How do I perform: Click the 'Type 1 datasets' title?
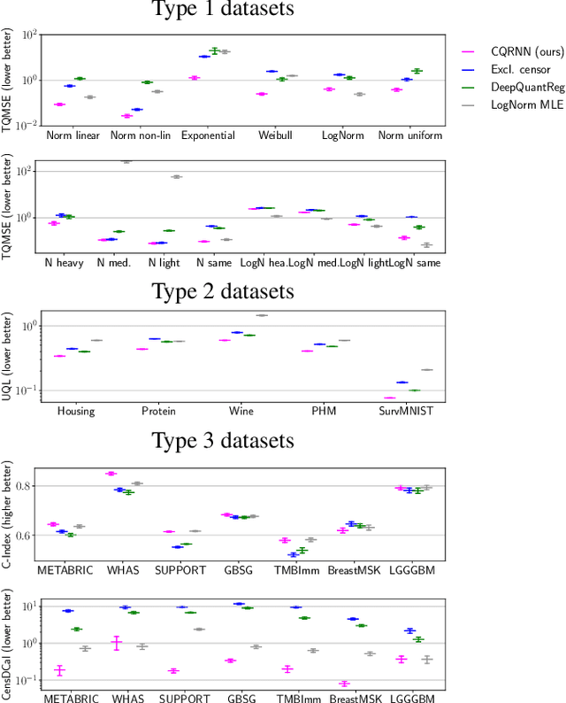tap(222, 10)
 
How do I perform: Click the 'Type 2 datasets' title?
tap(222, 290)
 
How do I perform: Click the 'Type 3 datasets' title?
tap(222, 440)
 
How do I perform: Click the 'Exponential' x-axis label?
tap(208, 136)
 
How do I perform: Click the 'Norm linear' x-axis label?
tap(73, 136)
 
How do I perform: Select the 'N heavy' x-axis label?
tap(62, 263)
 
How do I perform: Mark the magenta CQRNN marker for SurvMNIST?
tap(389, 398)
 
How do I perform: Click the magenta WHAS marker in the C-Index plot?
tap(111, 474)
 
